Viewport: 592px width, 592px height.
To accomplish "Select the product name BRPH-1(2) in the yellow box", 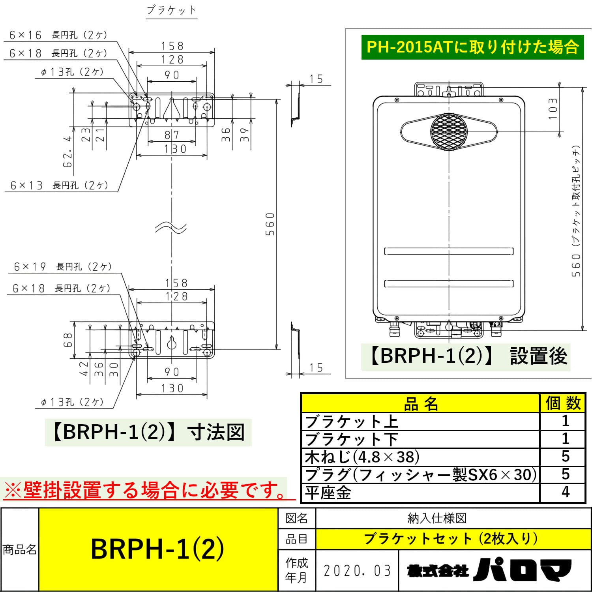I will point(157,549).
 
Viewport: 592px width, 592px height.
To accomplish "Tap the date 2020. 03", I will point(357,571).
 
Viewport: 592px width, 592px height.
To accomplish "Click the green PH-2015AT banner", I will point(472,47).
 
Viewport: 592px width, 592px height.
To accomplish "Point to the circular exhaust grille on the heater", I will point(449,131).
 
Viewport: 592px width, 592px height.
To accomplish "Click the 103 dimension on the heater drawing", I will point(553,109).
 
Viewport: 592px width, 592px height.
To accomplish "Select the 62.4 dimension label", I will point(68,152).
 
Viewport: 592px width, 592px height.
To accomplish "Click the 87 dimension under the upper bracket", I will point(172,135).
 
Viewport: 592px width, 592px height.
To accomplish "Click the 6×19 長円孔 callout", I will point(63,267).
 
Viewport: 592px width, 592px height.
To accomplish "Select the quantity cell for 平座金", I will point(565,492).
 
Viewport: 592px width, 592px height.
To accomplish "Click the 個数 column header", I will point(563,403).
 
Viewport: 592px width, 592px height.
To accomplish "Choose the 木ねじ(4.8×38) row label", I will point(362,457).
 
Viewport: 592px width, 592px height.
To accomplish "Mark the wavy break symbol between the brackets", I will point(171,228).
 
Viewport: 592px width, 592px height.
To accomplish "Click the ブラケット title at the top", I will point(171,10).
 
